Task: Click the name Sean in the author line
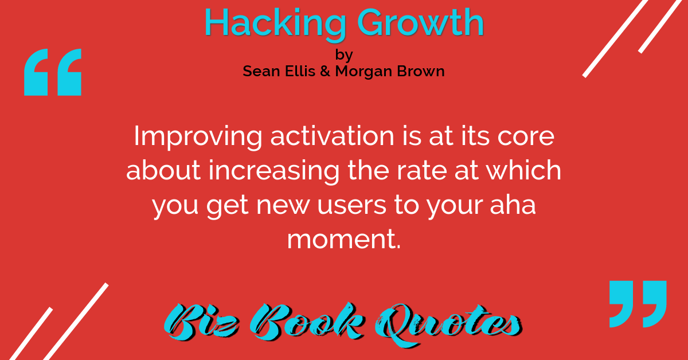(261, 71)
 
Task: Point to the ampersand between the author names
(325, 71)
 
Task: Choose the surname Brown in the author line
(421, 71)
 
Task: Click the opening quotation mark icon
(53, 72)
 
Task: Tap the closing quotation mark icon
(638, 304)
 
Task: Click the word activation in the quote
(332, 136)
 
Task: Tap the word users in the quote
(351, 205)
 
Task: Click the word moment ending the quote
(344, 239)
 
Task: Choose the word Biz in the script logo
(202, 322)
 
